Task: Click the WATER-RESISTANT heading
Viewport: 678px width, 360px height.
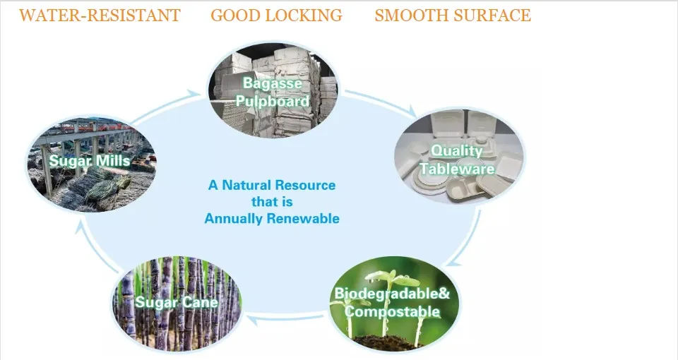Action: (100, 16)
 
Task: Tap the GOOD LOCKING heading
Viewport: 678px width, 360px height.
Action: (276, 16)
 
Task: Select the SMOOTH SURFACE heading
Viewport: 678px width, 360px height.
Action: (453, 16)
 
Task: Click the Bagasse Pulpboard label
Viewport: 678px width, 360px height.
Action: (273, 92)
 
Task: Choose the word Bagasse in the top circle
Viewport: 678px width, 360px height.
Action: (273, 83)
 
